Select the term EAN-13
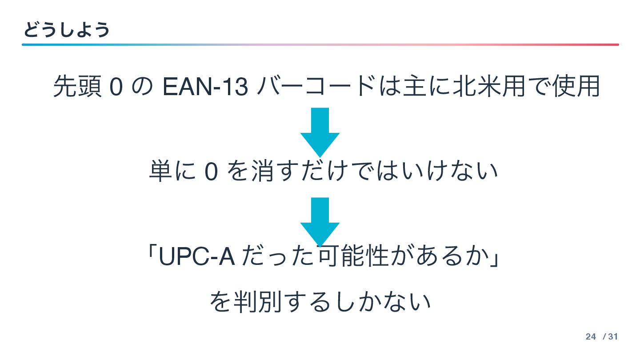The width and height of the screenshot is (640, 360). pos(205,87)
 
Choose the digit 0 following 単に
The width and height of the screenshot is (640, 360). pos(211,172)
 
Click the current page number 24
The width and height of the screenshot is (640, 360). pos(591,337)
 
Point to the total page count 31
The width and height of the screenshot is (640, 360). pos(613,337)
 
